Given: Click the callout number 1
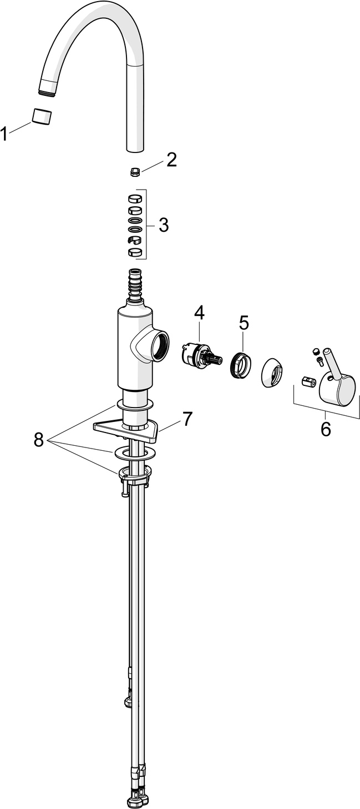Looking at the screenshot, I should pyautogui.click(x=5, y=133).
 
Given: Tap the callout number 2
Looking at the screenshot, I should pyautogui.click(x=171, y=160).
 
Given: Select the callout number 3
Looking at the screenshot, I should pyautogui.click(x=163, y=225).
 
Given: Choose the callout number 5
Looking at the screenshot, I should pyautogui.click(x=244, y=322).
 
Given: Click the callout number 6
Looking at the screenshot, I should pyautogui.click(x=326, y=428).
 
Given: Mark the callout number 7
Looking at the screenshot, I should pyautogui.click(x=187, y=419).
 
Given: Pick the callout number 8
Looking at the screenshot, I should pyautogui.click(x=38, y=440).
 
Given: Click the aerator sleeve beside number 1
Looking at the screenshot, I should pyautogui.click(x=43, y=117).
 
